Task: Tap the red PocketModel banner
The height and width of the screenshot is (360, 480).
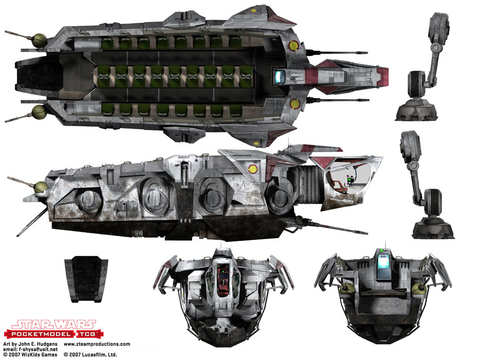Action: click(x=54, y=334)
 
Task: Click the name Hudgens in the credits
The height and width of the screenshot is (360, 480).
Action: click(x=47, y=344)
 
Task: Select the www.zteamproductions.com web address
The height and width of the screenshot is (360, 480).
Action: click(x=97, y=344)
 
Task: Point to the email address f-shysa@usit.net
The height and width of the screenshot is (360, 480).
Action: click(x=38, y=349)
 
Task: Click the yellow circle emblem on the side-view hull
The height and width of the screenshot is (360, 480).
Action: click(x=253, y=168)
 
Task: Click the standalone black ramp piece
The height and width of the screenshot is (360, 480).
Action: click(x=86, y=279)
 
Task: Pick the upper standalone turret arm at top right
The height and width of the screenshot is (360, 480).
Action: click(x=427, y=67)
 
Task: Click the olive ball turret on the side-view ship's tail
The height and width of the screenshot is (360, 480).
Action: click(x=41, y=187)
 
